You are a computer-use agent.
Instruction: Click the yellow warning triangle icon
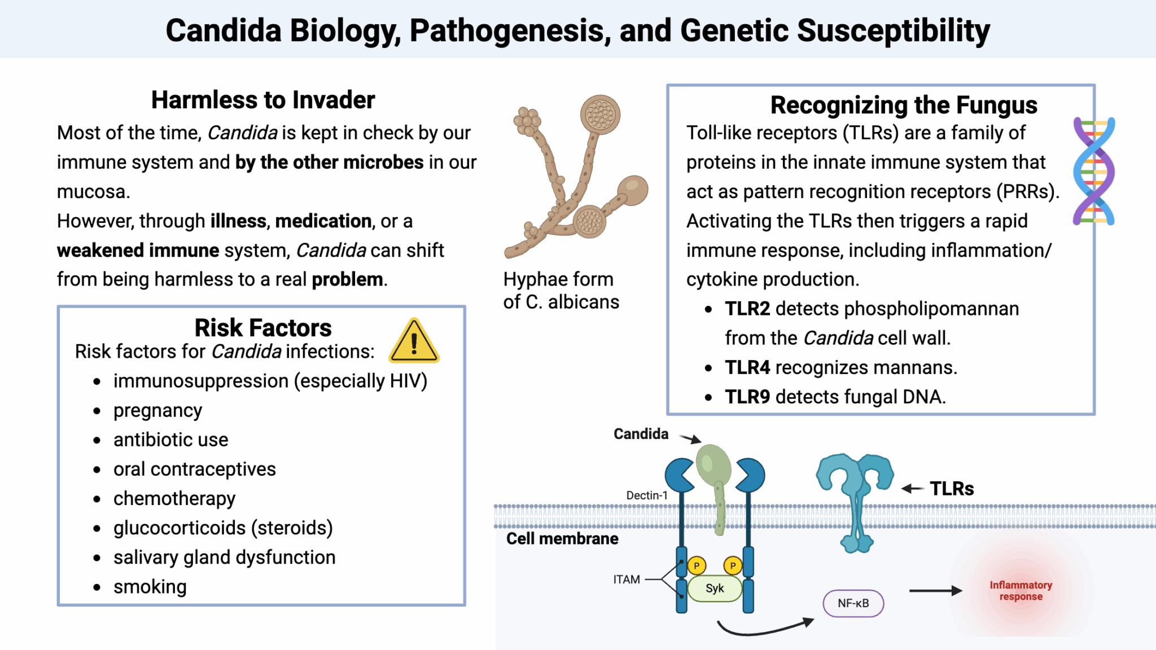click(414, 341)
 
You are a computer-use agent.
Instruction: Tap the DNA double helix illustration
click(1093, 171)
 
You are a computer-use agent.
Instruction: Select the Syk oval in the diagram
click(715, 588)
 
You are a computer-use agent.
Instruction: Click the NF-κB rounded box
click(853, 603)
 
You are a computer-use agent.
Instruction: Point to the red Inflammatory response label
click(1021, 591)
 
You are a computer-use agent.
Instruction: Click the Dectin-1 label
click(647, 495)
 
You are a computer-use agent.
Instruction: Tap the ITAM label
click(627, 579)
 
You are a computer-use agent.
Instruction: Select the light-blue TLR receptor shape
click(856, 497)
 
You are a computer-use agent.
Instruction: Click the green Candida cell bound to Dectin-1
click(713, 466)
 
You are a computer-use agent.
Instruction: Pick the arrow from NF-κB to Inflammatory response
click(935, 591)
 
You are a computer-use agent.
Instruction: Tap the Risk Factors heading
click(263, 328)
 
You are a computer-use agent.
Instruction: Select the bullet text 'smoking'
click(150, 587)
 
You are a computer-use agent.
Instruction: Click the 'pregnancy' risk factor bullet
click(157, 410)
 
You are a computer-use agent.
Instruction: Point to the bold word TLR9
click(747, 397)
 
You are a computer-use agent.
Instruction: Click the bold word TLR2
click(747, 309)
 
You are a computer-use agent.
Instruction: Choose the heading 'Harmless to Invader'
click(263, 100)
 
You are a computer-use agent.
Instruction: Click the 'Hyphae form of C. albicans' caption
click(561, 291)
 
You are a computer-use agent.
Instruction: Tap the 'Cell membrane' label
click(562, 539)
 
